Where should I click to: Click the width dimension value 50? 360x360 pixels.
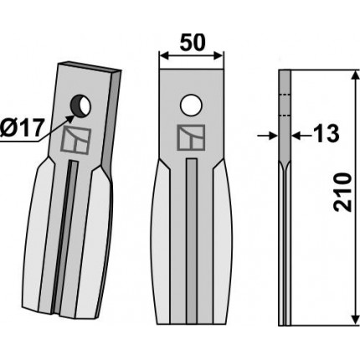click(x=193, y=43)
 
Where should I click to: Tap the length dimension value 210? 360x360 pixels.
click(x=342, y=192)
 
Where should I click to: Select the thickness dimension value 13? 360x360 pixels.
click(x=326, y=133)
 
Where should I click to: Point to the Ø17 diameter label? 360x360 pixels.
click(x=22, y=128)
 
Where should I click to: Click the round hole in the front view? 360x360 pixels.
click(x=191, y=105)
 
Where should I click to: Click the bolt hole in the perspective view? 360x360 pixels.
click(x=80, y=106)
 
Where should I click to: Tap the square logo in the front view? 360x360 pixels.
click(x=191, y=137)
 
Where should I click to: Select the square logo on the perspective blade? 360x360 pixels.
click(x=76, y=140)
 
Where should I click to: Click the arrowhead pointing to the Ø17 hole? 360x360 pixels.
click(x=70, y=118)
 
